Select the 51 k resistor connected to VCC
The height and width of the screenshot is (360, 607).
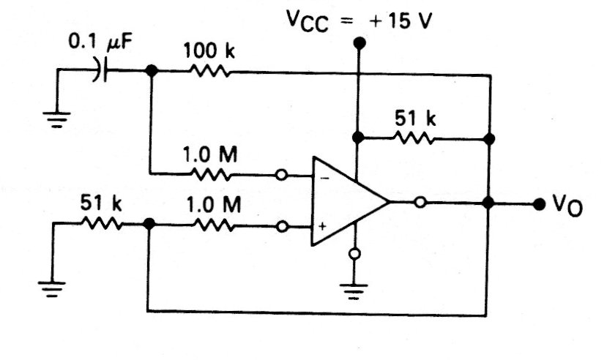pyautogui.click(x=414, y=138)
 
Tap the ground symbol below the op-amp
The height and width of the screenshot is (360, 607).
pyautogui.click(x=356, y=291)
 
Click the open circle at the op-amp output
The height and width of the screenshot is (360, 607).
pyautogui.click(x=420, y=203)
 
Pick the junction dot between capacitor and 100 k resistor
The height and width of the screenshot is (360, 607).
pyautogui.click(x=151, y=70)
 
